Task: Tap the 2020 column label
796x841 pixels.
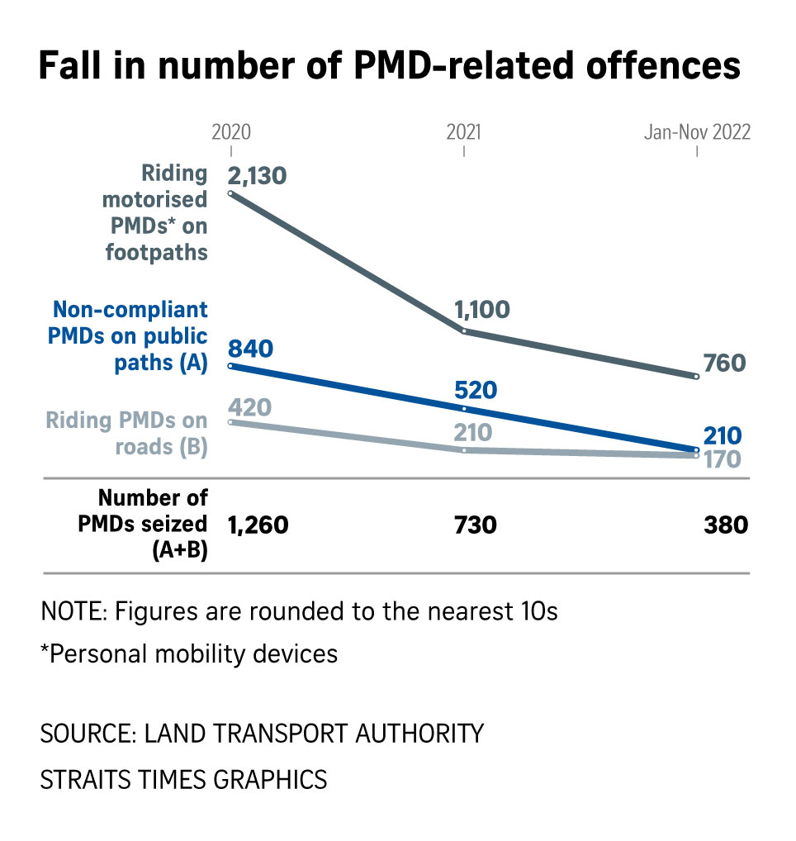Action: [x=231, y=132]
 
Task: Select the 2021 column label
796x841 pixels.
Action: [x=463, y=132]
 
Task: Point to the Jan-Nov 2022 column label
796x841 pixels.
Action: [x=697, y=132]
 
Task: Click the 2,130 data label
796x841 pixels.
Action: [x=257, y=176]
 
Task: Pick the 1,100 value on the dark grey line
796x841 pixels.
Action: [x=482, y=310]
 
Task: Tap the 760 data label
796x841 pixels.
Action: [x=725, y=363]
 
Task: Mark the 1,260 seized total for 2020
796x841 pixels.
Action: [x=258, y=525]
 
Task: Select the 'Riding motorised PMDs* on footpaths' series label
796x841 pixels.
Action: [x=156, y=212]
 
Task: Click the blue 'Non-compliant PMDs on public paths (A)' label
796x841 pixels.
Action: [x=130, y=336]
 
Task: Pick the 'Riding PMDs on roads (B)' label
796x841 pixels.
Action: [x=126, y=433]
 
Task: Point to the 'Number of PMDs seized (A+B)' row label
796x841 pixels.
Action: [x=154, y=525]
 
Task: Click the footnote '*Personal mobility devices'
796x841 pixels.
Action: [x=189, y=653]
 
